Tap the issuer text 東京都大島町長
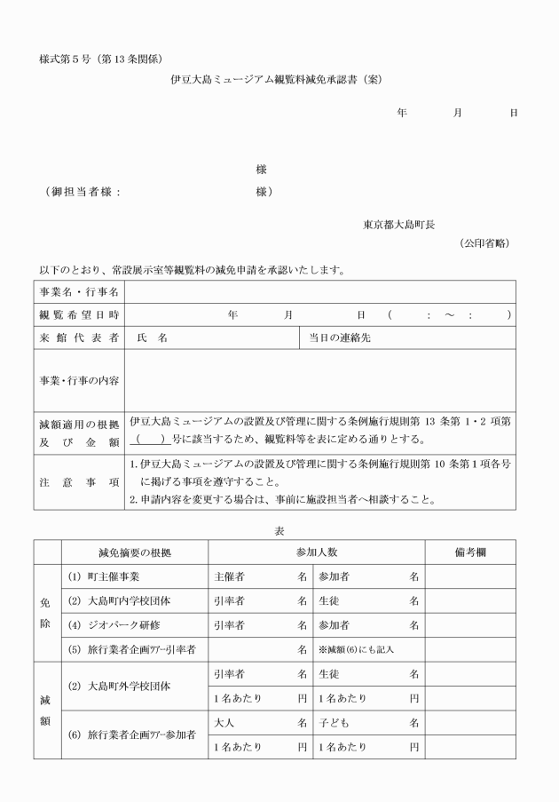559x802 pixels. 398,225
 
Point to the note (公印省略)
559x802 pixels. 484,243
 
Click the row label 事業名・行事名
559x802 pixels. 79,292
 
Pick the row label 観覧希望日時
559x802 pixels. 79,315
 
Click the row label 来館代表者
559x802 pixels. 79,338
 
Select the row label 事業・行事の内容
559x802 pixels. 79,380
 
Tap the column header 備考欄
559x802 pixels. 471,552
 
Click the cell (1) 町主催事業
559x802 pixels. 104,576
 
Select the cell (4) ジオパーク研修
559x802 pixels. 110,625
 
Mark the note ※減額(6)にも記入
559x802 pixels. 356,650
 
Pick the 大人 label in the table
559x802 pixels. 225,723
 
